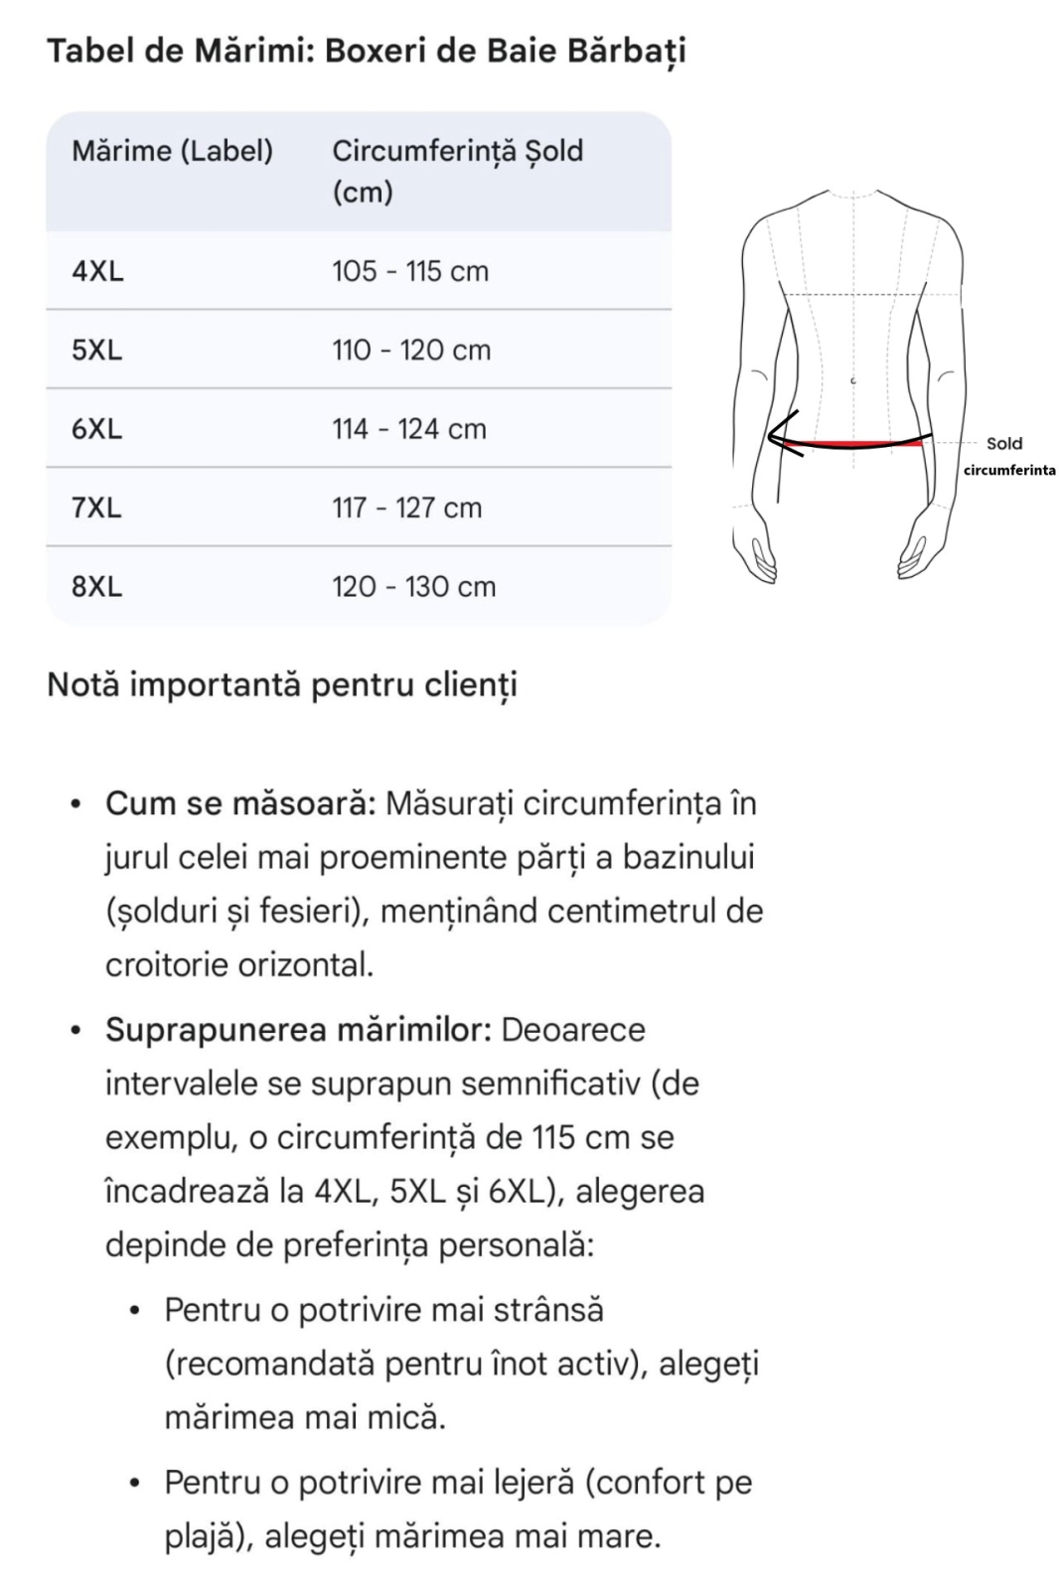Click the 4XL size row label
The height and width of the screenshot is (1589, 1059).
click(x=97, y=271)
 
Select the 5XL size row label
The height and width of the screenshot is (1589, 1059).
click(x=96, y=350)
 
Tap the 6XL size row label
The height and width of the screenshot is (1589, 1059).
click(x=96, y=429)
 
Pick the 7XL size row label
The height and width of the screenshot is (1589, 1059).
click(x=96, y=507)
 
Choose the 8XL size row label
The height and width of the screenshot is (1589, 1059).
click(x=96, y=587)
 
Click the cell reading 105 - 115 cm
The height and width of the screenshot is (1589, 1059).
click(x=410, y=271)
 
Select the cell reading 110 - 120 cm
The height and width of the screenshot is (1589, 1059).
click(x=411, y=350)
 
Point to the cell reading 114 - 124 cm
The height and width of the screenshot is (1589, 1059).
click(x=409, y=429)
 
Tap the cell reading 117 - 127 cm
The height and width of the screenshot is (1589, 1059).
click(x=407, y=507)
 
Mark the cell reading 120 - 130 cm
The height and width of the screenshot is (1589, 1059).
click(x=413, y=587)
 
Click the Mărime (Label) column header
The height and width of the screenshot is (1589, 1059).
click(x=172, y=151)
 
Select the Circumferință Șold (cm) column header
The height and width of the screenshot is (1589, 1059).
click(x=457, y=170)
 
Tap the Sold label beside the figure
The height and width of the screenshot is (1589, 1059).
click(x=1003, y=444)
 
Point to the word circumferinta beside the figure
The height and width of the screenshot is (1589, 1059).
click(x=1009, y=470)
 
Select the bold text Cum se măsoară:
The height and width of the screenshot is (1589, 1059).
click(x=240, y=803)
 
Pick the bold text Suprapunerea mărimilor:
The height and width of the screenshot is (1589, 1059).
click(x=298, y=1030)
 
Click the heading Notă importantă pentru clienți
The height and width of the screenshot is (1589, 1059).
click(x=282, y=685)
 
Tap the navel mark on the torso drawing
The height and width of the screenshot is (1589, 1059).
click(x=852, y=380)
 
